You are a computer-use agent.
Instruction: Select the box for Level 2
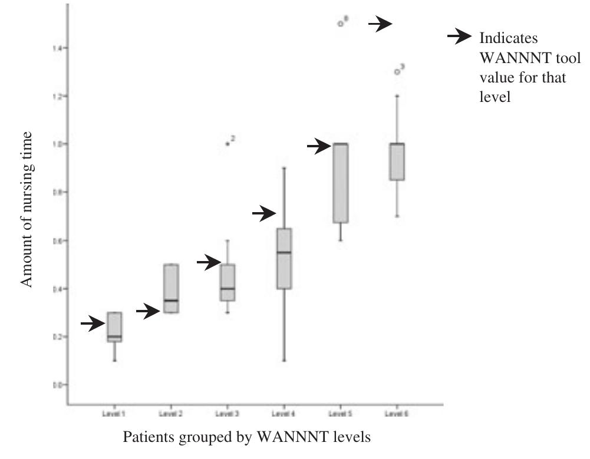pyautogui.click(x=171, y=289)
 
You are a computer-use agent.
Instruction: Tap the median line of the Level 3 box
pyautogui.click(x=228, y=289)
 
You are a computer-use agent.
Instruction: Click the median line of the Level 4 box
pyautogui.click(x=284, y=252)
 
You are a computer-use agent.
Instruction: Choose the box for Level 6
pyautogui.click(x=397, y=161)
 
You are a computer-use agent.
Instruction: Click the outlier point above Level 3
pyautogui.click(x=228, y=143)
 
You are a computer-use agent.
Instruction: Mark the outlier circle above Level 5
pyautogui.click(x=340, y=24)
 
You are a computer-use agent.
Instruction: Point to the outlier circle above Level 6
pyautogui.click(x=397, y=72)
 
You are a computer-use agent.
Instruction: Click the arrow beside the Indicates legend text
pyautogui.click(x=460, y=38)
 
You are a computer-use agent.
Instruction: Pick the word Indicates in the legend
pyautogui.click(x=509, y=38)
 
